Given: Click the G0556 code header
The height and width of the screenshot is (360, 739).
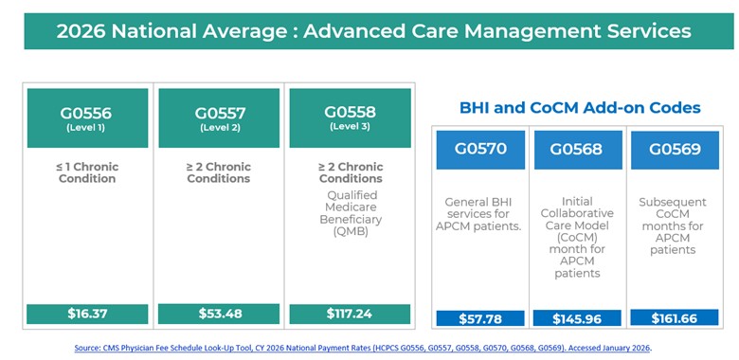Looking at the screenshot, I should pos(87,117).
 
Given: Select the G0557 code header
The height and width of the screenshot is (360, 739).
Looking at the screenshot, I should pos(219,117).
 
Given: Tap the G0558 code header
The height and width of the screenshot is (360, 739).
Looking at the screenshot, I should pos(350,117).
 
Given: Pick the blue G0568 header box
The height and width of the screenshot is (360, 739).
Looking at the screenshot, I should pos(577,150).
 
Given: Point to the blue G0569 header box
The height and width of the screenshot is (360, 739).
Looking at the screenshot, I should pos(673,150).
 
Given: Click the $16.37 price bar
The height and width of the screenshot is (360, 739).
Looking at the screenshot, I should pos(87,314).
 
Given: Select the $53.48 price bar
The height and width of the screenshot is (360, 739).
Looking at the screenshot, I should pos(219,314).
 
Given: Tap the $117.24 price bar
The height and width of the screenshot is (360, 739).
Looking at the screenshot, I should pos(350,314).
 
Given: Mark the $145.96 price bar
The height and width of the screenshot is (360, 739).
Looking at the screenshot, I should pos(577,318).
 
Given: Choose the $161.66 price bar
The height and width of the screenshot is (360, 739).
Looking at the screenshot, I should pos(673,318).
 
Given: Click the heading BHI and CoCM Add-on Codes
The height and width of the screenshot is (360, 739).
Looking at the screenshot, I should pos(580,108).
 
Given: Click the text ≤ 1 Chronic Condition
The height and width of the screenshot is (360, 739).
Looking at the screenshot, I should pos(87,172).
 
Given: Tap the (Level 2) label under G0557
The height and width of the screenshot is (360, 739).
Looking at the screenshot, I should pos(219,127).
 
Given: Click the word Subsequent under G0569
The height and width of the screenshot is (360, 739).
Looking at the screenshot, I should pos(673,202).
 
